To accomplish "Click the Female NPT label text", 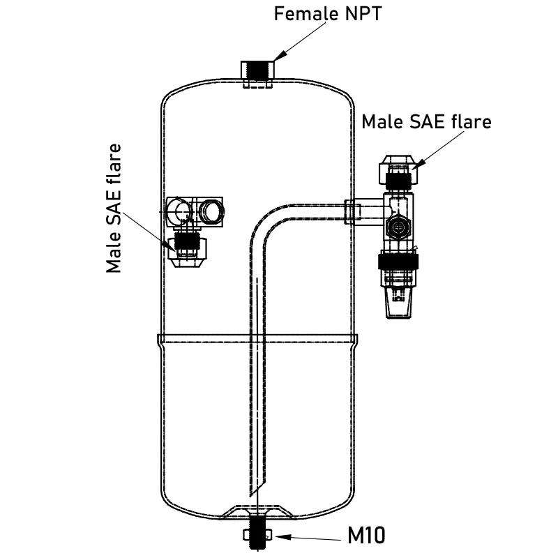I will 329,13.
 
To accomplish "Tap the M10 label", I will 366,536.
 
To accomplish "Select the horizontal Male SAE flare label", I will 426,121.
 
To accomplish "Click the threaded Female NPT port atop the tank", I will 258,71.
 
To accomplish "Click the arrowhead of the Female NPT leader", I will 276,56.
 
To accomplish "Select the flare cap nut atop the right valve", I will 398,167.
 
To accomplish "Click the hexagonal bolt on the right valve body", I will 398,227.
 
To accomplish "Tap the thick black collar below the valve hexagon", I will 398,262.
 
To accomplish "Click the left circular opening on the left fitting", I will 181,211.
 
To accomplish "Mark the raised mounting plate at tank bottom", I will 258,513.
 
